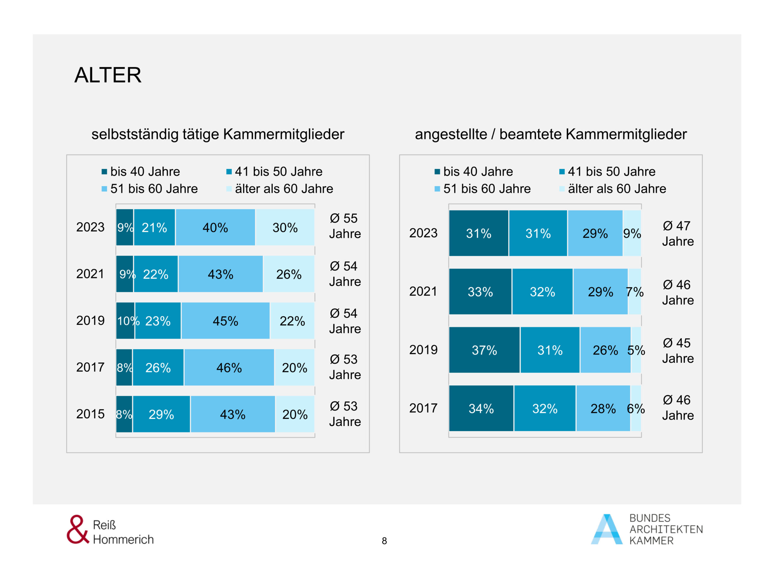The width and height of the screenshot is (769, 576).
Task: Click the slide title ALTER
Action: coord(108,75)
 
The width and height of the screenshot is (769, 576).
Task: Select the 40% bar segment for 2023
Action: coord(215,227)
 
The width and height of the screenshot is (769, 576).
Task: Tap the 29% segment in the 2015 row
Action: coord(161,414)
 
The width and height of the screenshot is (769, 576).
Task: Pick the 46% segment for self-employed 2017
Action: coord(229,367)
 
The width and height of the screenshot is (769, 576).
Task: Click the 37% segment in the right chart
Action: coord(484,350)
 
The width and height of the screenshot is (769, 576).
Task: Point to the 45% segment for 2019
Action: coord(225,321)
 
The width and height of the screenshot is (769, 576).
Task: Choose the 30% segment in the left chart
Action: coord(285,227)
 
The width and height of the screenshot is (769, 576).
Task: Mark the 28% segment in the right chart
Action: coord(603,408)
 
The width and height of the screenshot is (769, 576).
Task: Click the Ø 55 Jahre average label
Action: coord(345,226)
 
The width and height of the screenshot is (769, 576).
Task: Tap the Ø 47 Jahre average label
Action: coord(678,234)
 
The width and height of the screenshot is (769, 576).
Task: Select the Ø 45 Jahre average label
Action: coord(678,351)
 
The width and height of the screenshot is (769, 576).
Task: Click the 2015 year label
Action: coord(90,414)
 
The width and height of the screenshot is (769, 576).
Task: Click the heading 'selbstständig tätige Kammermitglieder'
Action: coord(217,134)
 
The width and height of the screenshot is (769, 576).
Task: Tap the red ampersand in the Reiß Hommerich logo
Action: coord(77,529)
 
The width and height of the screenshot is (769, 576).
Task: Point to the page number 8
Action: coord(384,541)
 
